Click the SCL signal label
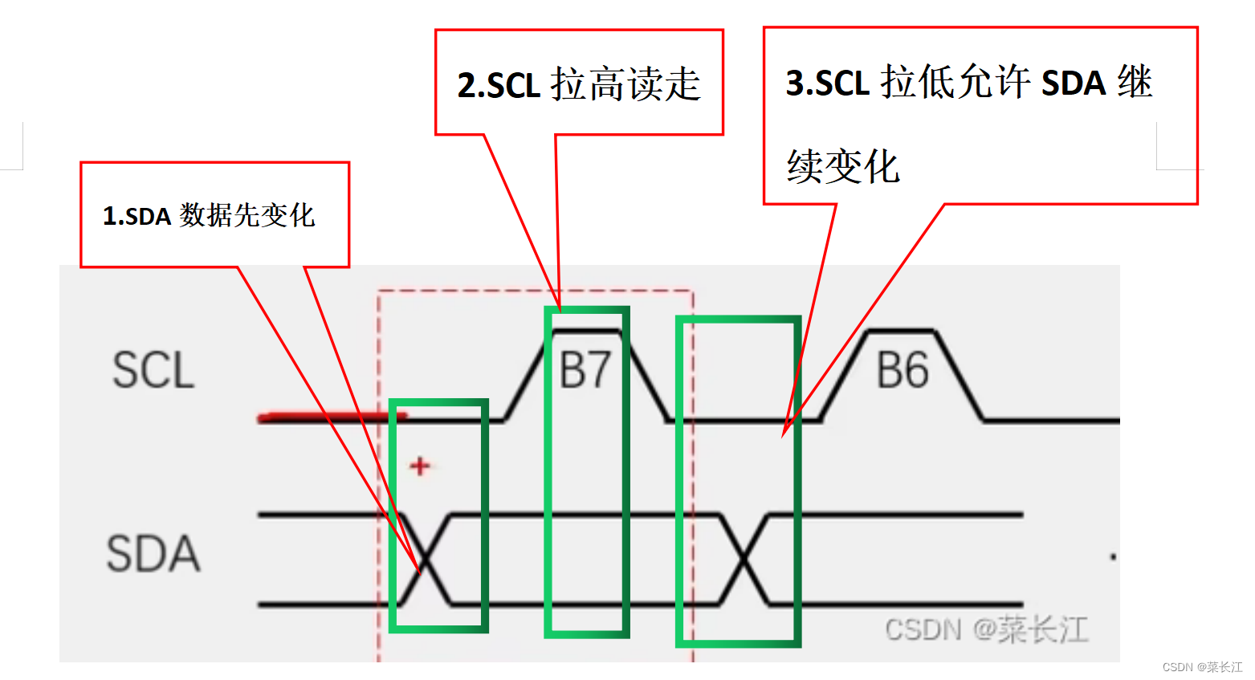153,370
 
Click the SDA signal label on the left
153,554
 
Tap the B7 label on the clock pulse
585,371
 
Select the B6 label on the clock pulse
903,371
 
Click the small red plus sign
420,466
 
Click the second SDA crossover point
744,559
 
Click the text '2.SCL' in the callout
499,85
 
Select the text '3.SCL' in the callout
827,83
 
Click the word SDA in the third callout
1074,83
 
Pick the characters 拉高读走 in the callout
625,84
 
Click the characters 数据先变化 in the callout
247,215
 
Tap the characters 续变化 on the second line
843,167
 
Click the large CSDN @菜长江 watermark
986,629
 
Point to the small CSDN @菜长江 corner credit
1202,667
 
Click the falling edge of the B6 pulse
960,375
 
